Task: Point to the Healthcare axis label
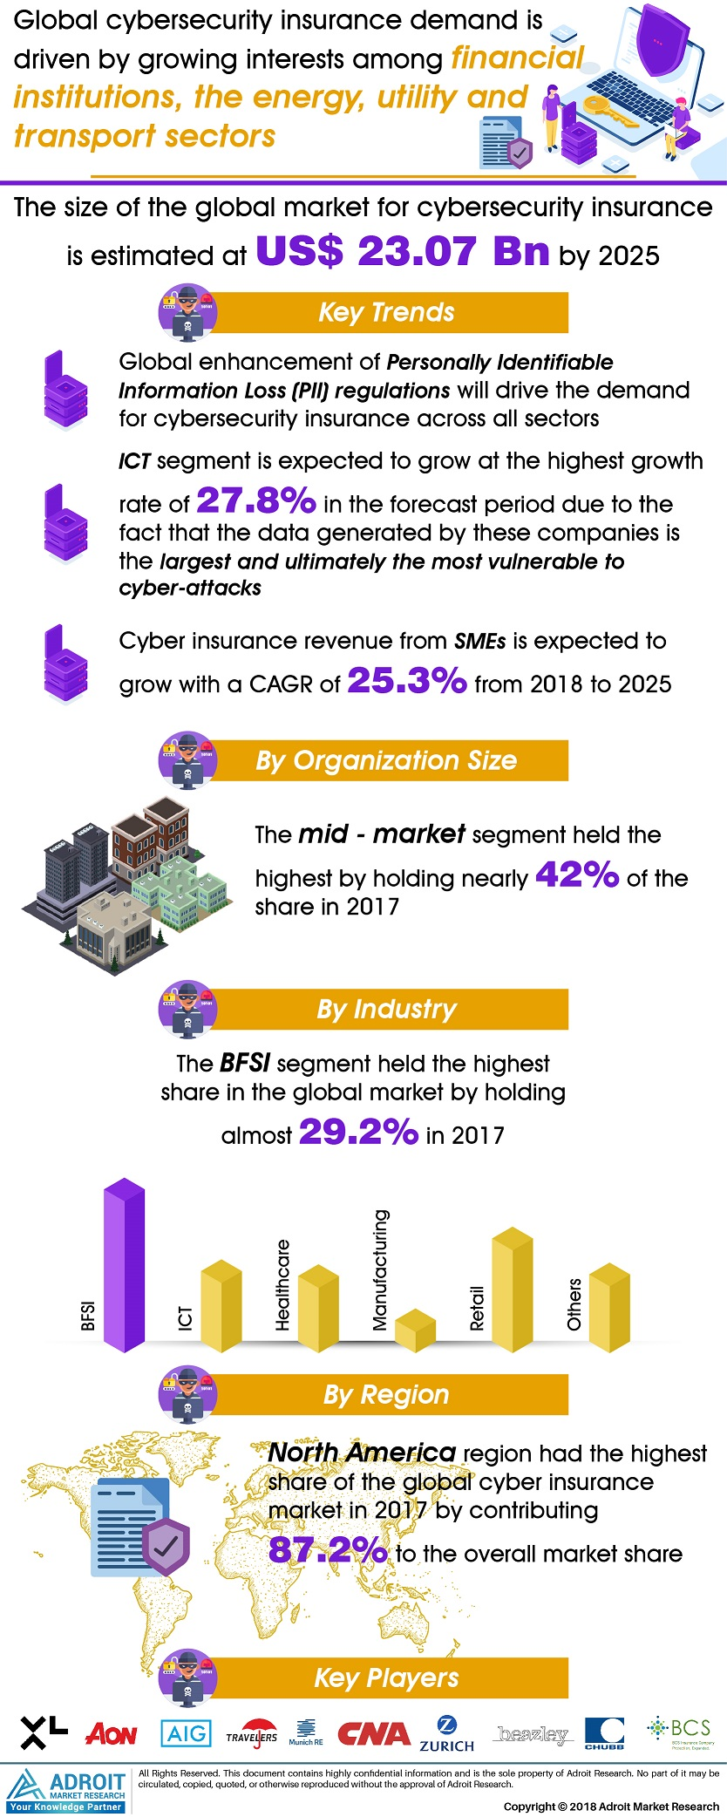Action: tap(282, 1285)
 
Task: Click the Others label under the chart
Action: tap(574, 1304)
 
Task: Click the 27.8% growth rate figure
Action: tap(256, 501)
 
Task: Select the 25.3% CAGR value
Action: tap(407, 681)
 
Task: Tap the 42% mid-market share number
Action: tap(576, 874)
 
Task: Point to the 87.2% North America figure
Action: tap(328, 1549)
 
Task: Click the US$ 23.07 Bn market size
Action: tap(403, 252)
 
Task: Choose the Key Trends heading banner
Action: tap(387, 312)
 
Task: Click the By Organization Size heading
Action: tap(387, 760)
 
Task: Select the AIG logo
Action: tap(186, 1732)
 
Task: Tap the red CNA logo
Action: tap(373, 1733)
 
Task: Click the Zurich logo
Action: tap(446, 1733)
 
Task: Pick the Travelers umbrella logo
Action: tap(252, 1734)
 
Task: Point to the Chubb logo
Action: tap(604, 1733)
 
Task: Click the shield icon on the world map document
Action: tap(166, 1546)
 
